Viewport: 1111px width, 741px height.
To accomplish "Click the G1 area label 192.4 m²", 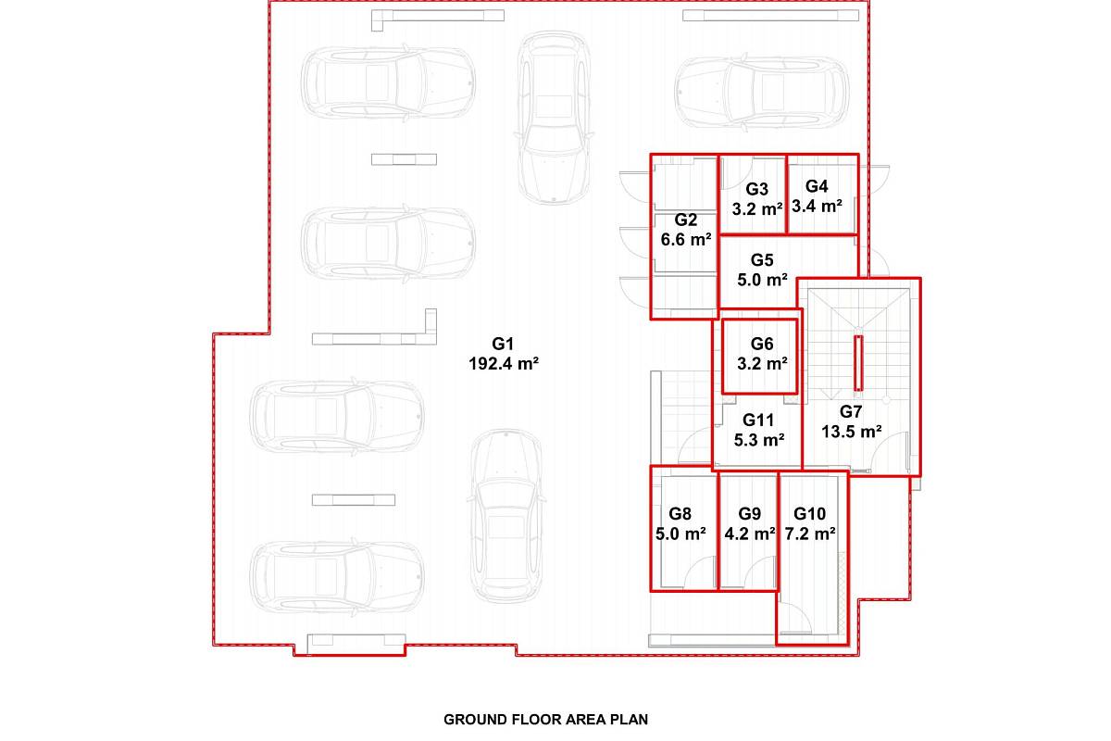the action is pos(504,364).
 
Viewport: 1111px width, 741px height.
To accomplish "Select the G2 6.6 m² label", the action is pos(686,230).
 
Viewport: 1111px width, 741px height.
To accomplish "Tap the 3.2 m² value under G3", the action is pos(757,209).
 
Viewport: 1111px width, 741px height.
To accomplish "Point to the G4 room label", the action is pos(817,186).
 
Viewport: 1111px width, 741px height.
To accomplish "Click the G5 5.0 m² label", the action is pos(762,270).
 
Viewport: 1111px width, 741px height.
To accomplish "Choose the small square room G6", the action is pos(759,357).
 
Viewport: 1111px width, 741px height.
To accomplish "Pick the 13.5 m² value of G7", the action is pos(852,432).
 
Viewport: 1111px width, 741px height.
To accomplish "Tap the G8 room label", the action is pos(680,514).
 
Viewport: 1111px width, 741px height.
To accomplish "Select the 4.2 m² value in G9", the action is pos(750,534).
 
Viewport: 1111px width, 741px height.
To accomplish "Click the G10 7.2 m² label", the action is pos(810,524).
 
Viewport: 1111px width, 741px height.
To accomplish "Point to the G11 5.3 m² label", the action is pos(759,431).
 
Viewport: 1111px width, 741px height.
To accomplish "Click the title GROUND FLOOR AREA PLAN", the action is pos(545,720).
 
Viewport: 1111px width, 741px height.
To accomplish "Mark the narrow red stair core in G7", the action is pos(858,363).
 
